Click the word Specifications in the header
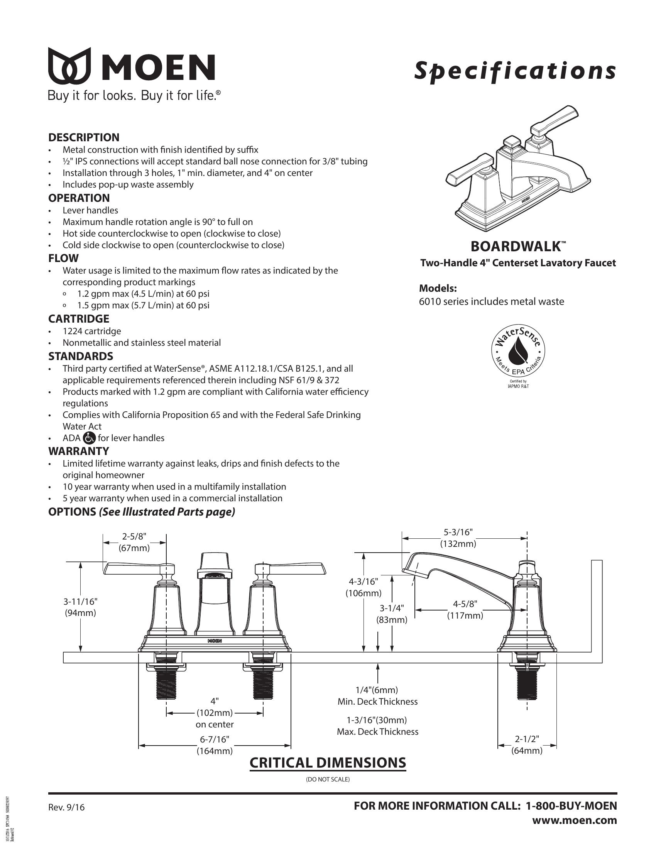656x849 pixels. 514,71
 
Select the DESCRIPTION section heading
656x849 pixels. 84,137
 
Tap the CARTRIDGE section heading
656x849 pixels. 78,319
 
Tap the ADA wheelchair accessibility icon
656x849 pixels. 89,438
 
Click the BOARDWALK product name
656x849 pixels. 516,247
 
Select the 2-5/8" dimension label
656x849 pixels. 134,536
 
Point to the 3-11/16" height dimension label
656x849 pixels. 80,601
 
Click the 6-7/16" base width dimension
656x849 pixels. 215,739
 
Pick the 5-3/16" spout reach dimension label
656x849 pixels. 458,532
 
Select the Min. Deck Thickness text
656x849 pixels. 377,702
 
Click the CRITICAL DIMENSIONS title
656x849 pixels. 328,762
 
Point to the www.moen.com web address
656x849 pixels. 574,820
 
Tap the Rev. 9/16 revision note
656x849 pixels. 66,807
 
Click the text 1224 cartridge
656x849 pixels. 92,331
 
